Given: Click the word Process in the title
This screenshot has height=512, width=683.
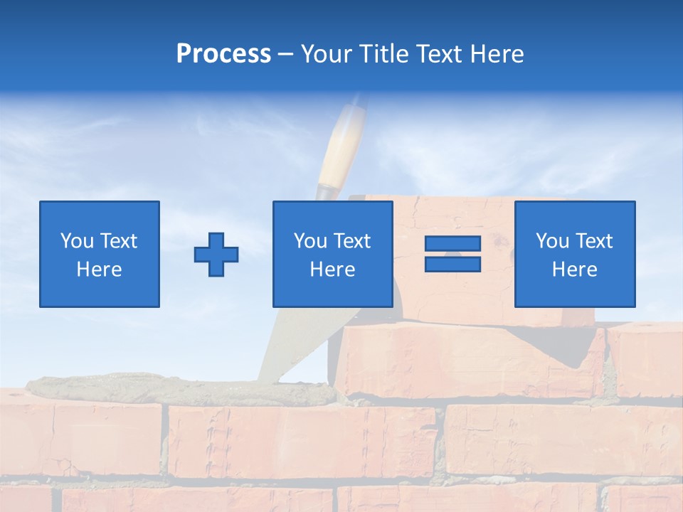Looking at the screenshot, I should [223, 54].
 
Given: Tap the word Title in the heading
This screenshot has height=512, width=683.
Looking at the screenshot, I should [384, 54].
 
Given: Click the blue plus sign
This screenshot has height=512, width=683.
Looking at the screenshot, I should [216, 255].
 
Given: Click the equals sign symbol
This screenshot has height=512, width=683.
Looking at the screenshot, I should [452, 254].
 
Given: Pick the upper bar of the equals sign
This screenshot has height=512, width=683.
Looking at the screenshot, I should [452, 244].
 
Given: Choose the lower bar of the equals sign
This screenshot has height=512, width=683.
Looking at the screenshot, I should [452, 265].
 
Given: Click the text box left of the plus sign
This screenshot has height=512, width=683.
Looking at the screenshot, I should [100, 254].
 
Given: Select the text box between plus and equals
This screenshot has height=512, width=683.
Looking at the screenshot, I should [332, 254].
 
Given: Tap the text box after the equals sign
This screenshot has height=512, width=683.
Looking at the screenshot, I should [574, 254].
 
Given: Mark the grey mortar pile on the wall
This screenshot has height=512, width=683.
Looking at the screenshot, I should [178, 390].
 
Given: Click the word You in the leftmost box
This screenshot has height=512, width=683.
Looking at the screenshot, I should [76, 241].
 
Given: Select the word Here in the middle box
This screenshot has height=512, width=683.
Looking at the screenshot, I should [332, 270].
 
